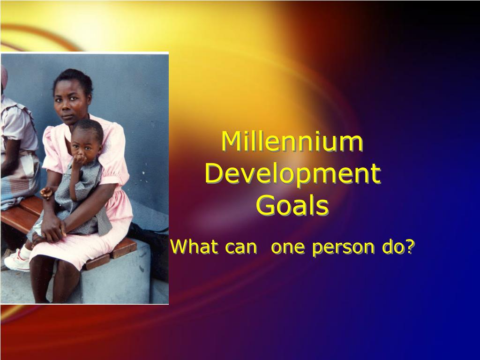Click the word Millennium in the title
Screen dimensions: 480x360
(292, 141)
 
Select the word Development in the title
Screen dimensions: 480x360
(293, 174)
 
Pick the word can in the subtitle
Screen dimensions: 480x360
(241, 247)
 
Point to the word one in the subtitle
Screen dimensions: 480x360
(288, 247)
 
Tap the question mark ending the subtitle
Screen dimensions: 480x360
(410, 247)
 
